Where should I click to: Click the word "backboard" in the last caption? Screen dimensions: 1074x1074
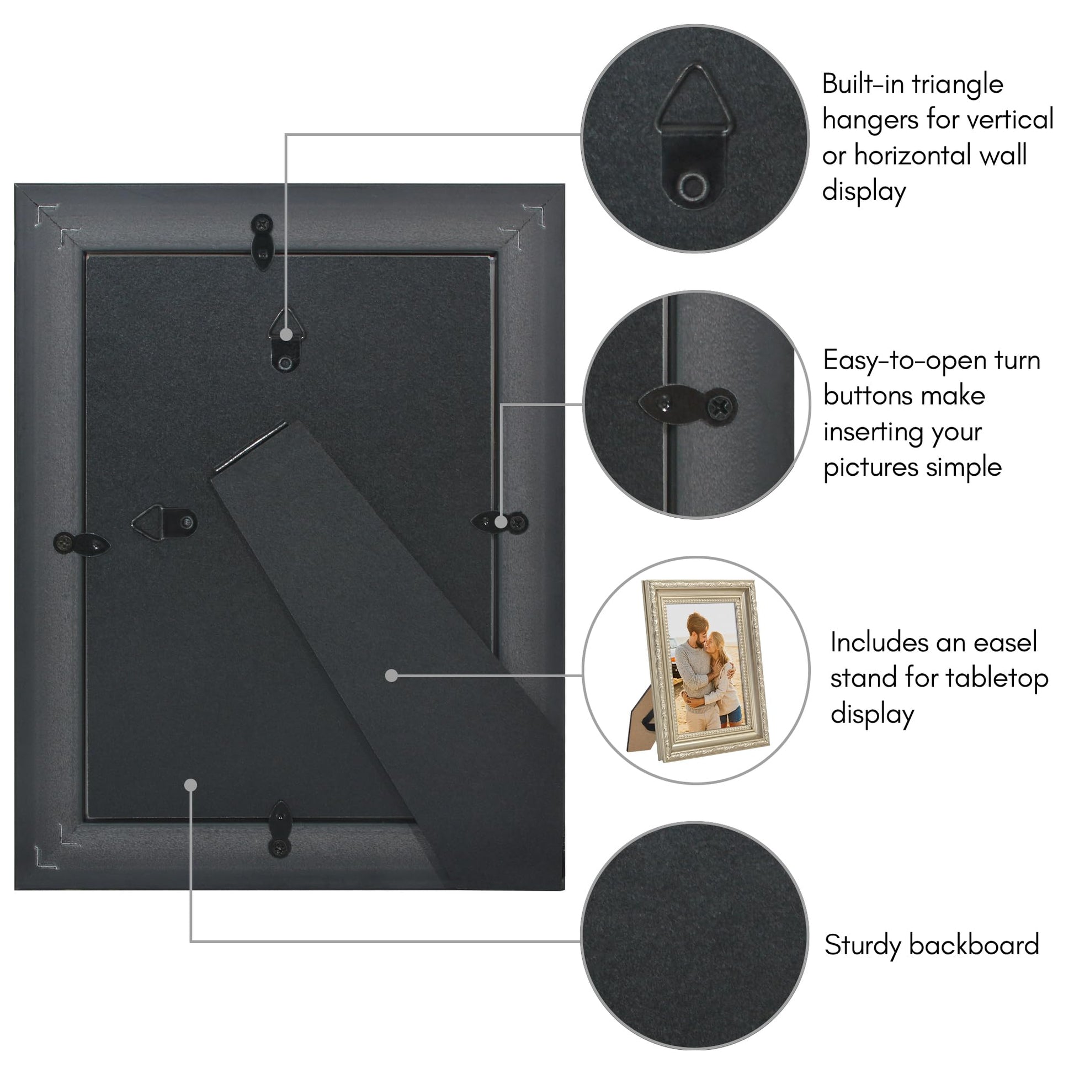tap(974, 945)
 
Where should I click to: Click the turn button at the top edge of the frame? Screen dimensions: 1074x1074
tap(262, 242)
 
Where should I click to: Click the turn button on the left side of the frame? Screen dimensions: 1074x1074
tap(82, 544)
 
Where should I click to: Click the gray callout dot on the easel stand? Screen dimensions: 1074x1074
tap(391, 676)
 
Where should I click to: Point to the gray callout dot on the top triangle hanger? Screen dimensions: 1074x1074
tap(286, 334)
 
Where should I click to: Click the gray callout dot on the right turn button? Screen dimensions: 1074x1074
tap(501, 522)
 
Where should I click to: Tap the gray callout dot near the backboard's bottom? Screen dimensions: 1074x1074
tap(190, 785)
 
